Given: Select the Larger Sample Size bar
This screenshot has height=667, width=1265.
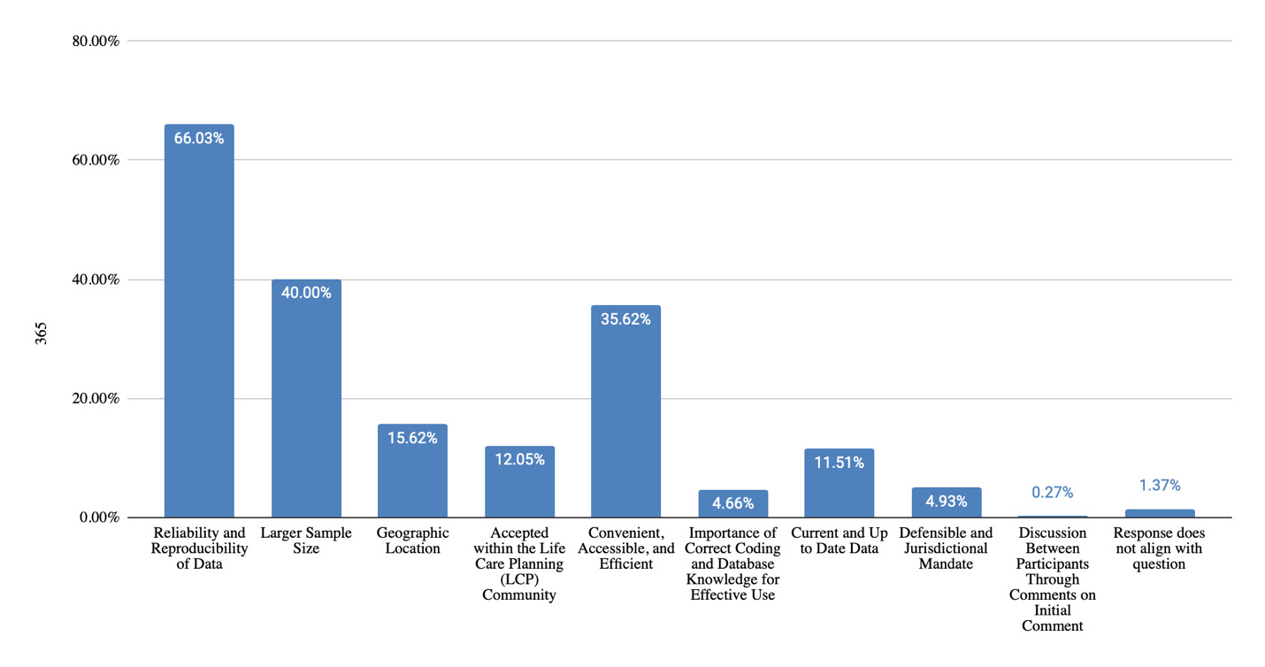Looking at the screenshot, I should coord(306,398).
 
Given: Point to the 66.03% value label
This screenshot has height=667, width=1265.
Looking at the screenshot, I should coord(199,138).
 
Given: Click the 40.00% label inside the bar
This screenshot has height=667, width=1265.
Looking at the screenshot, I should coord(306,293).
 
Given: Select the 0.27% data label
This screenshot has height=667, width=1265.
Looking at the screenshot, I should coord(1053,493).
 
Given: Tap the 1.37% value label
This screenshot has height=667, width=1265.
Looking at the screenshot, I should coord(1159,486).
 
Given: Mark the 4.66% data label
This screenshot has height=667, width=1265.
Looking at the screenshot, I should coord(732,503).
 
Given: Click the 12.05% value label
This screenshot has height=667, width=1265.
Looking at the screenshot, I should coord(519,459).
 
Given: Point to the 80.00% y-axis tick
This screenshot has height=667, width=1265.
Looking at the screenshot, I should coord(95,41).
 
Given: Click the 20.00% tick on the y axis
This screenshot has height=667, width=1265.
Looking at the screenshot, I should coord(95,398).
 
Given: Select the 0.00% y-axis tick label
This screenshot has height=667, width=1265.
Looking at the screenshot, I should coord(98,517).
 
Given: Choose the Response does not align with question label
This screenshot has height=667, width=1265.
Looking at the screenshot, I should coord(1159,548).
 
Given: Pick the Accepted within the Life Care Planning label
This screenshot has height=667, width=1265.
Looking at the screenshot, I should coord(519,563).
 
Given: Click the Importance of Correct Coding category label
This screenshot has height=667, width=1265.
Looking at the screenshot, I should coord(732,563).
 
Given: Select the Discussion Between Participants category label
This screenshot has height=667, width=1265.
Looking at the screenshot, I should coord(1053,579).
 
